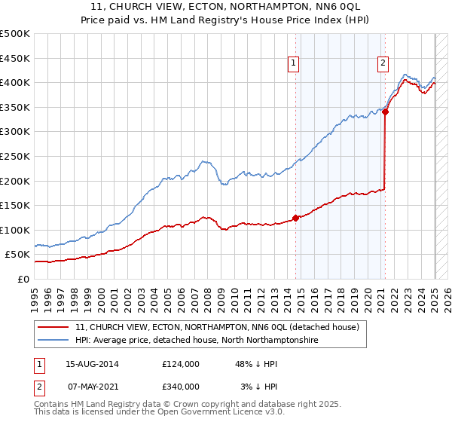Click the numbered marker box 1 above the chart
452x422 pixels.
click(x=293, y=63)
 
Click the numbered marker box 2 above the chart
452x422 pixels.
click(x=383, y=63)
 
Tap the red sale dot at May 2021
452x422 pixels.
click(x=385, y=112)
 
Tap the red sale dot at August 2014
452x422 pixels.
click(x=295, y=218)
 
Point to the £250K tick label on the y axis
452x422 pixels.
click(x=15, y=156)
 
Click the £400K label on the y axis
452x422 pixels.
click(x=15, y=83)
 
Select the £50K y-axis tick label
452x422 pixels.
click(x=18, y=255)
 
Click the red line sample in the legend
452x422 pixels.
click(x=54, y=328)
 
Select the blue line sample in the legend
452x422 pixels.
click(x=54, y=341)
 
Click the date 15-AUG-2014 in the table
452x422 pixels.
click(x=93, y=364)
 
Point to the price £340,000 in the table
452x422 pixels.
click(x=181, y=387)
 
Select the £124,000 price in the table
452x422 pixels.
click(x=181, y=364)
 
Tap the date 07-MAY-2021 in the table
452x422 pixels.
click(x=93, y=387)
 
